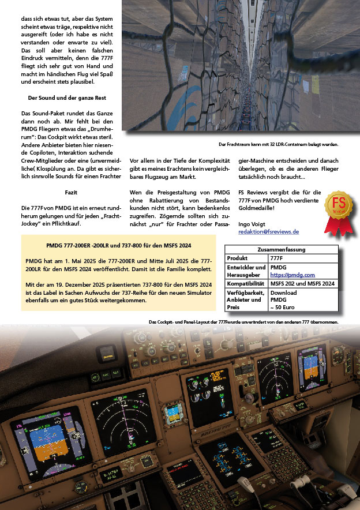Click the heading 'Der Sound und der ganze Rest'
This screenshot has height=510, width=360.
pyautogui.click(x=67, y=98)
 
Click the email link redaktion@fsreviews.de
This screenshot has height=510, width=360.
pyautogui.click(x=268, y=231)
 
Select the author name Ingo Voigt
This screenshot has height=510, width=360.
pyautogui.click(x=253, y=223)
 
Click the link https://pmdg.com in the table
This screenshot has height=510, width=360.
pyautogui.click(x=289, y=275)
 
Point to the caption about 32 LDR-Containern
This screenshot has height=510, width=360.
pyautogui.click(x=279, y=144)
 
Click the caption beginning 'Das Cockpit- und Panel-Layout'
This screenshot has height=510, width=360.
pyautogui.click(x=243, y=321)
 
